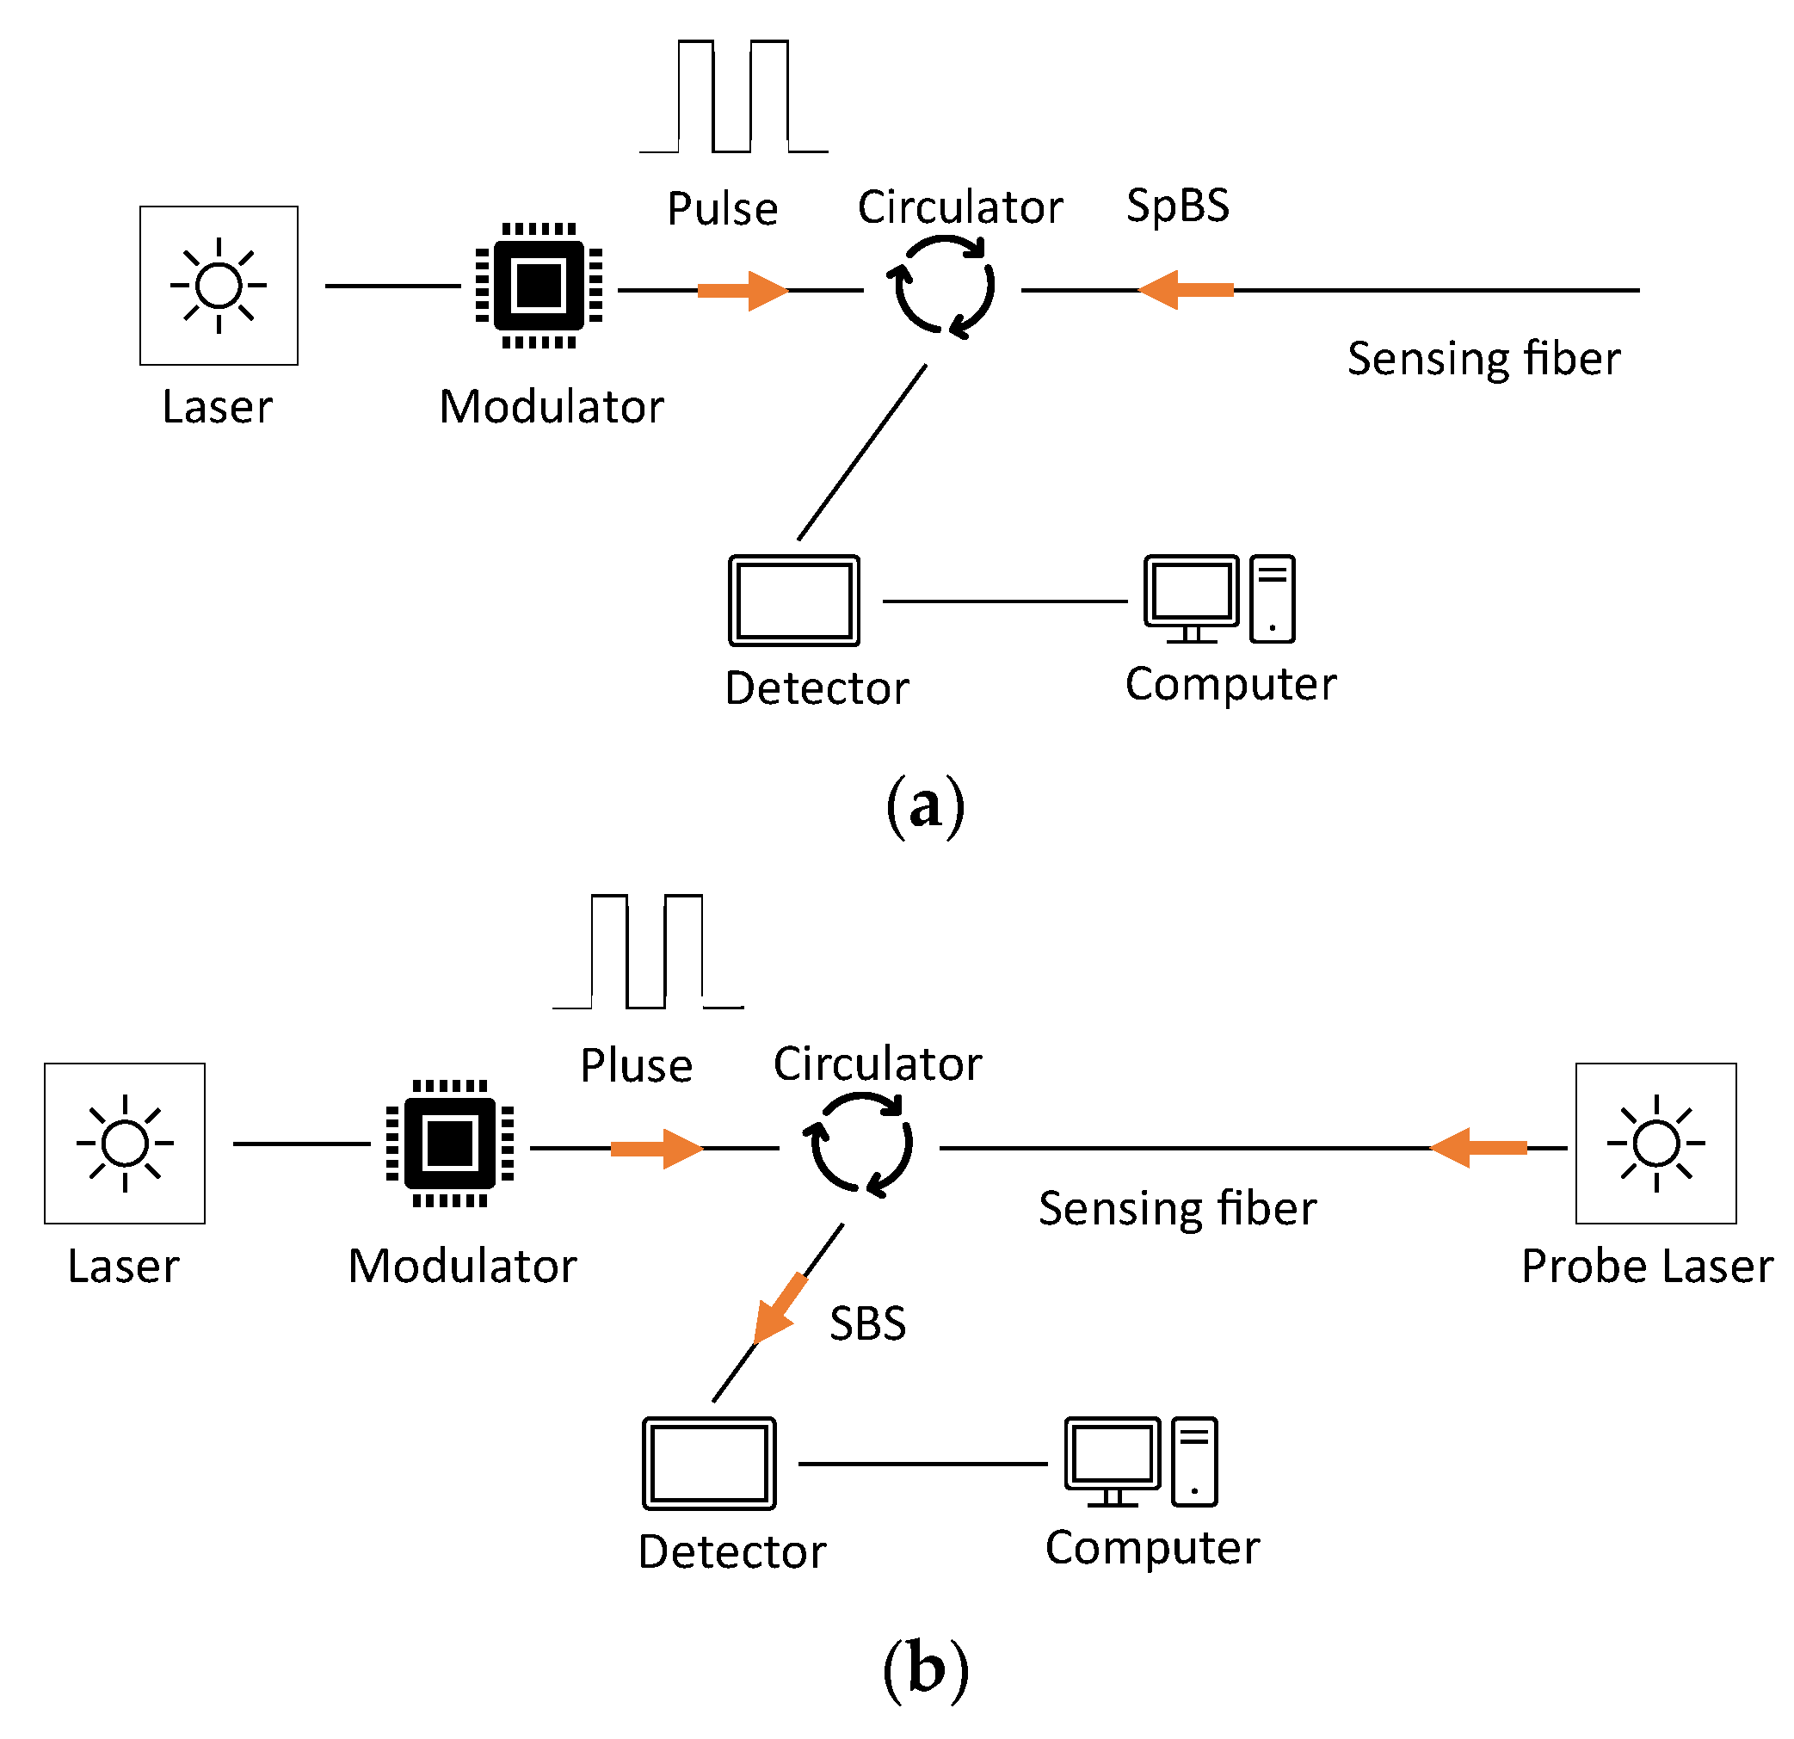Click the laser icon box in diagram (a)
coord(218,286)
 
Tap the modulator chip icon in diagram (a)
coord(539,286)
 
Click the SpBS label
coord(1177,205)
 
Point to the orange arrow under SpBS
coord(1187,290)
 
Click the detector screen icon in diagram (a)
coord(793,601)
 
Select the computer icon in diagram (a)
coord(1219,599)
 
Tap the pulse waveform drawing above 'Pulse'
coord(733,97)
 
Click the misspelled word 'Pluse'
coord(636,1065)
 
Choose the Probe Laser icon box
coord(1655,1144)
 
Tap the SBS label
coord(866,1323)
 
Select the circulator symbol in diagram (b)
coord(859,1145)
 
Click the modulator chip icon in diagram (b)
coord(449,1144)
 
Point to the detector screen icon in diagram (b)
coord(708,1464)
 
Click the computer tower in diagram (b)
coord(1194,1462)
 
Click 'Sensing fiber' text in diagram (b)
coord(1177,1208)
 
